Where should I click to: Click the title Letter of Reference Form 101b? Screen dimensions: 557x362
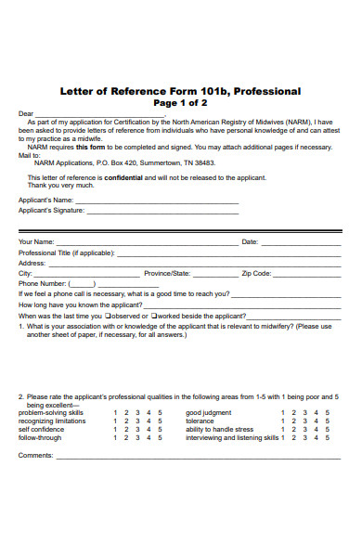tap(180, 91)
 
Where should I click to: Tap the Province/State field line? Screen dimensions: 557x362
tap(213, 274)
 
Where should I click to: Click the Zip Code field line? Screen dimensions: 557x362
tap(306, 274)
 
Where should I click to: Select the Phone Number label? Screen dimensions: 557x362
tap(42, 284)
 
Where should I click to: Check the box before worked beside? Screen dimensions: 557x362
tap(158, 316)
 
